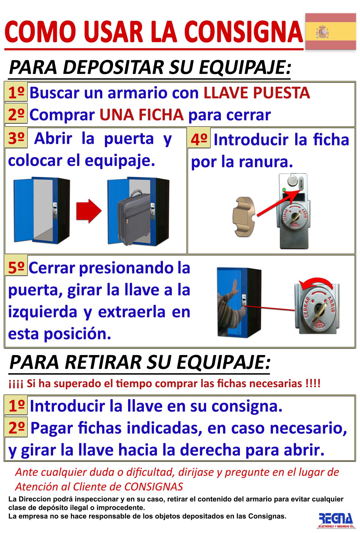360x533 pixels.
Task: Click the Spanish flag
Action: [x=331, y=31]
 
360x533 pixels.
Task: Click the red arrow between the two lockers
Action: [x=89, y=211]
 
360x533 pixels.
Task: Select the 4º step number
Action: [x=199, y=139]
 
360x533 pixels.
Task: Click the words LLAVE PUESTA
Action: [x=256, y=93]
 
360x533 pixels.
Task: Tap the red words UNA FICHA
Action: [x=142, y=115]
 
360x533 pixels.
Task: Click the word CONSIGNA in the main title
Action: [x=244, y=32]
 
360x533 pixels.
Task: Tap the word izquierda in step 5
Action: [x=43, y=312]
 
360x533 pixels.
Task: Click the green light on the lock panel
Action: [x=284, y=190]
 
